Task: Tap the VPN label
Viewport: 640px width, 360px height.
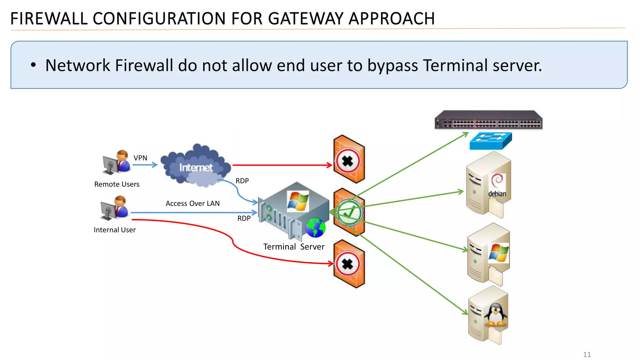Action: pyautogui.click(x=140, y=158)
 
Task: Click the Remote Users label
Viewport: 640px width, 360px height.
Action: pyautogui.click(x=117, y=184)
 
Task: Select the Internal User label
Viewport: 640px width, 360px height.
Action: pyautogui.click(x=114, y=230)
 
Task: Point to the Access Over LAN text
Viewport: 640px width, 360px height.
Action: pyautogui.click(x=192, y=203)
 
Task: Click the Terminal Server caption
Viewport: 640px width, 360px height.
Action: pyautogui.click(x=294, y=247)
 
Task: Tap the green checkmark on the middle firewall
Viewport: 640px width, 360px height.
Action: pyautogui.click(x=349, y=213)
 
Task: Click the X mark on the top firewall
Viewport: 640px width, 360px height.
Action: pyautogui.click(x=347, y=162)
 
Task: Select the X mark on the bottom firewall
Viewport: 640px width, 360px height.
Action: pyautogui.click(x=347, y=264)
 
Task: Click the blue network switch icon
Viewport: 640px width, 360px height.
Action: pyautogui.click(x=491, y=141)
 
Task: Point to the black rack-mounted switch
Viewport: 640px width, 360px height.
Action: pyautogui.click(x=488, y=120)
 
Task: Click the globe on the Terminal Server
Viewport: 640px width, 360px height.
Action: pyautogui.click(x=315, y=228)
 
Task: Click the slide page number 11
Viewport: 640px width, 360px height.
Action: pyautogui.click(x=587, y=354)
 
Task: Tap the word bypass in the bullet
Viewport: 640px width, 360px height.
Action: pyautogui.click(x=392, y=66)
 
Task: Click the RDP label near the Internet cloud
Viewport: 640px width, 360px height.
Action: pyautogui.click(x=242, y=181)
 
